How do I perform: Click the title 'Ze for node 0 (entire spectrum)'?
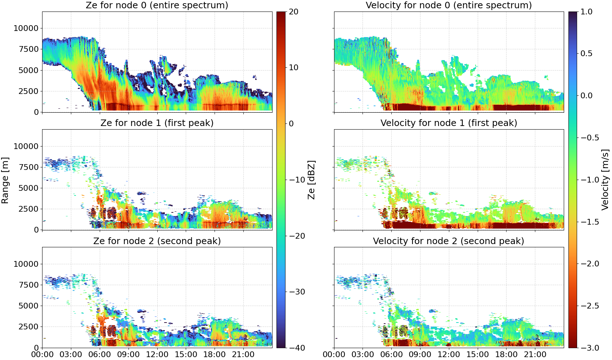[x=157, y=5]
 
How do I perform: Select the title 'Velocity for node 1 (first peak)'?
[x=449, y=123]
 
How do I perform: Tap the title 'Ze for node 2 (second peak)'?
[x=157, y=241]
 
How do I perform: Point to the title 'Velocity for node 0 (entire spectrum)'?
[x=449, y=5]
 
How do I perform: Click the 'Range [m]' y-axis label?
[x=5, y=180]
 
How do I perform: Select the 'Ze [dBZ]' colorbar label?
[x=311, y=180]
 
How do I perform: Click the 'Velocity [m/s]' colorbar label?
[x=605, y=180]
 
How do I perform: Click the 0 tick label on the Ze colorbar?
[x=291, y=124]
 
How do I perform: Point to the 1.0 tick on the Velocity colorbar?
[x=586, y=12]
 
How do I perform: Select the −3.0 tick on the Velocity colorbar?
[x=590, y=348]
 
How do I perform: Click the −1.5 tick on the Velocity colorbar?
[x=590, y=222]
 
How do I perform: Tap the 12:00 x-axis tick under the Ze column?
[x=157, y=354]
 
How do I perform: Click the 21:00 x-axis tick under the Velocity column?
[x=535, y=354]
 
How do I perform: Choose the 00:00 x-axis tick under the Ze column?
[x=42, y=354]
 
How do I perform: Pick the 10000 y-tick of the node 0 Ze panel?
[x=26, y=28]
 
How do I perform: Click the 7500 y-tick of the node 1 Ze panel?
[x=28, y=167]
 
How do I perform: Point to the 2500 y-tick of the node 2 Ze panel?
[x=28, y=327]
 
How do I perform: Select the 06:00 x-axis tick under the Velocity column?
[x=392, y=354]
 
